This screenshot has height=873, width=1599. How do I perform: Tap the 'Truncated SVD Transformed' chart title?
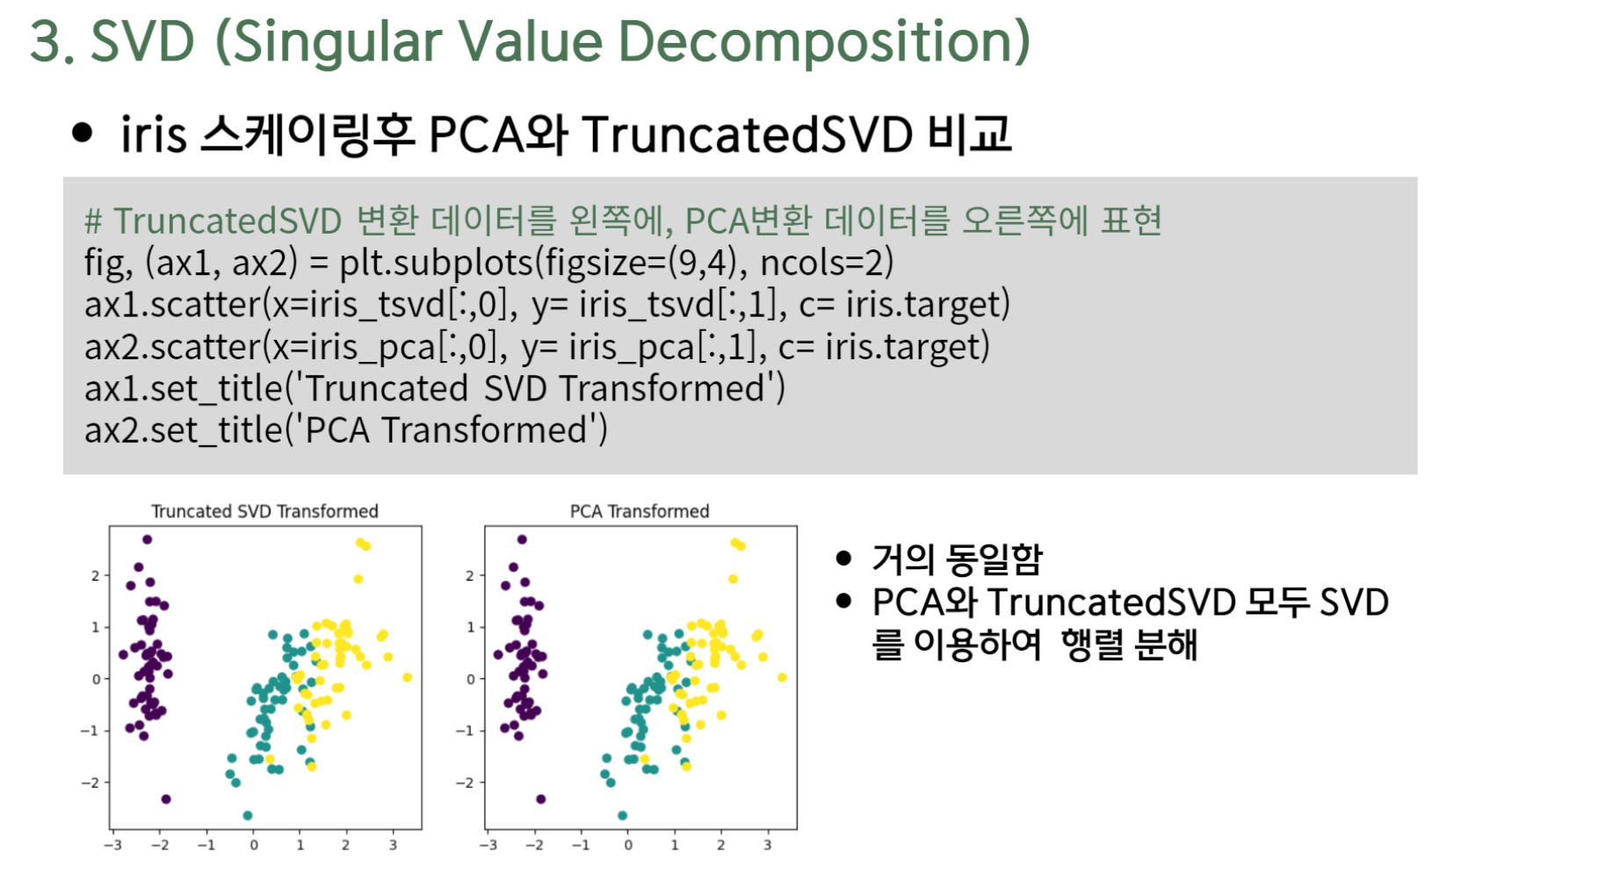264,511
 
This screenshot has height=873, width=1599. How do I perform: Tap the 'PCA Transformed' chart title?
640,511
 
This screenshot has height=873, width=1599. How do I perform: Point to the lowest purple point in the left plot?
166,799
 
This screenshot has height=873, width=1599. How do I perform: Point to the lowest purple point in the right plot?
540,799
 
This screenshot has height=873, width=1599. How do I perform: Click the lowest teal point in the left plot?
248,816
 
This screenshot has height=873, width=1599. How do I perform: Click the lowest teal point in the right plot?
622,816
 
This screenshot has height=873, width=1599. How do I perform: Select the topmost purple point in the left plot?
147,539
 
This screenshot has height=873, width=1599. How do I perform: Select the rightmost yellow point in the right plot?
782,677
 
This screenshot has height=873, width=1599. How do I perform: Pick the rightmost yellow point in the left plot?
407,677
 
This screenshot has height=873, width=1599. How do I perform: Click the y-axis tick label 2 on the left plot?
96,576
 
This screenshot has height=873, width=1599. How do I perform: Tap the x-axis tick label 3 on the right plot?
767,845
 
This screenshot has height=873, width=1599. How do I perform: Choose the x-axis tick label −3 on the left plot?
112,845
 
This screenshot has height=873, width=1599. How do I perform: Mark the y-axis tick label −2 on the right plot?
465,783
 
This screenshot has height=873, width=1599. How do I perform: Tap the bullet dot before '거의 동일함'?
845,558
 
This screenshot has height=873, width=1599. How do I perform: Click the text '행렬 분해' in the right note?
1129,645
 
